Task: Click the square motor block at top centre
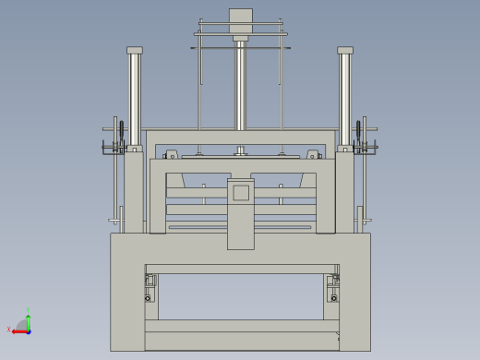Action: [x=240, y=21]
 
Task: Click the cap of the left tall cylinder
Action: [x=135, y=50]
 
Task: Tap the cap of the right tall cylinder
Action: [x=345, y=50]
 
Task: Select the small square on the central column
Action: [x=241, y=192]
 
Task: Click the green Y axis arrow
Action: [x=29, y=318]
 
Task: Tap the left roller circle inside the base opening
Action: [x=148, y=297]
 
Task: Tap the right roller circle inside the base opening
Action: [x=334, y=297]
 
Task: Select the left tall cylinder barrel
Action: [x=135, y=97]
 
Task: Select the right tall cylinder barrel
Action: [x=345, y=97]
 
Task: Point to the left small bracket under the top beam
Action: [x=171, y=155]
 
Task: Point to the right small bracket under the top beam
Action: [x=313, y=155]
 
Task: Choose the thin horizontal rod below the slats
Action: [x=240, y=227]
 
